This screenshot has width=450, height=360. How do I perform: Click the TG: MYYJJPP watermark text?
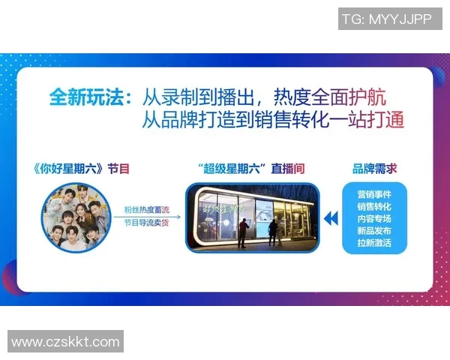click(385, 19)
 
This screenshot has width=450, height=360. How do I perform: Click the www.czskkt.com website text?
click(66, 342)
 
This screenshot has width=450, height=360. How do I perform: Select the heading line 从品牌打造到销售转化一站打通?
click(273, 120)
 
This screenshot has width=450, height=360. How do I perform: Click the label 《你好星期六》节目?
click(82, 169)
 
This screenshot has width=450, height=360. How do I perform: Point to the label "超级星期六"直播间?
click(250, 169)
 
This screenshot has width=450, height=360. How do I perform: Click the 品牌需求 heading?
click(375, 169)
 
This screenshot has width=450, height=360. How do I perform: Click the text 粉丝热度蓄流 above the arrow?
click(147, 211)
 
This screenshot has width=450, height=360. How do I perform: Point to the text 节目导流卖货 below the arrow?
click(147, 223)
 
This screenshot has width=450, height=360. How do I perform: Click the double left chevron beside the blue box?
click(330, 219)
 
